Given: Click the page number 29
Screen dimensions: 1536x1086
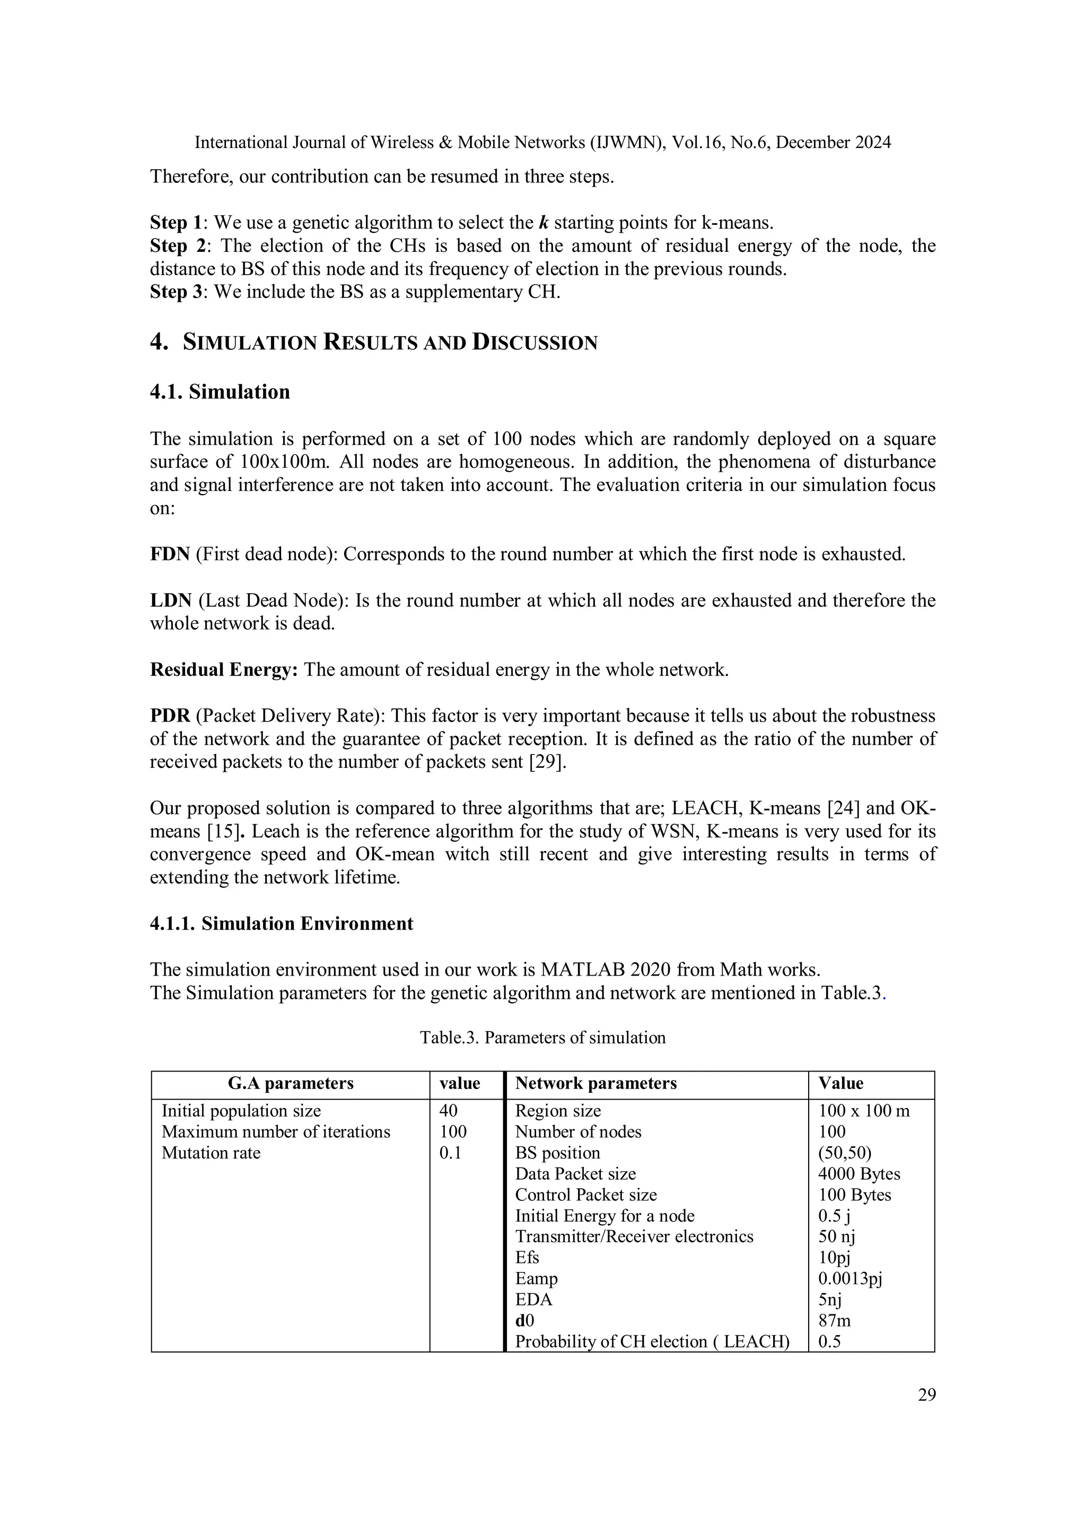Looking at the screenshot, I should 926,1395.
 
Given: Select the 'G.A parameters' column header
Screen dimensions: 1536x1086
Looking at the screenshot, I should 291,1083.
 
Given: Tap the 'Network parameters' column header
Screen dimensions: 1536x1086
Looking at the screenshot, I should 595,1083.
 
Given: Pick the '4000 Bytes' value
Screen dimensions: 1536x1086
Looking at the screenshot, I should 859,1173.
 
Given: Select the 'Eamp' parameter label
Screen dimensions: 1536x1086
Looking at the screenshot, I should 536,1278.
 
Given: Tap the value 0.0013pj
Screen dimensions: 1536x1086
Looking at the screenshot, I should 850,1278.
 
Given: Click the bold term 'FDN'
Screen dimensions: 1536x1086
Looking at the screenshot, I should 170,555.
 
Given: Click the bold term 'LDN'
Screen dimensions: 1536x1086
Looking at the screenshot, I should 171,601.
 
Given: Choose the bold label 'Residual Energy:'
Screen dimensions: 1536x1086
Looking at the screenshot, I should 223,670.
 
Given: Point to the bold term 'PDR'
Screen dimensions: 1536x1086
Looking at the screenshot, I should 170,716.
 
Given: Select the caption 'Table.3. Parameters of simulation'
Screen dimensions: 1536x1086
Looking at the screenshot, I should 542,1038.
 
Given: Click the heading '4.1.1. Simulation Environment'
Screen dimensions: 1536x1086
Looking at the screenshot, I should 281,924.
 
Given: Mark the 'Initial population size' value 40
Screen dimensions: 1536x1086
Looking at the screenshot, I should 448,1111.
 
